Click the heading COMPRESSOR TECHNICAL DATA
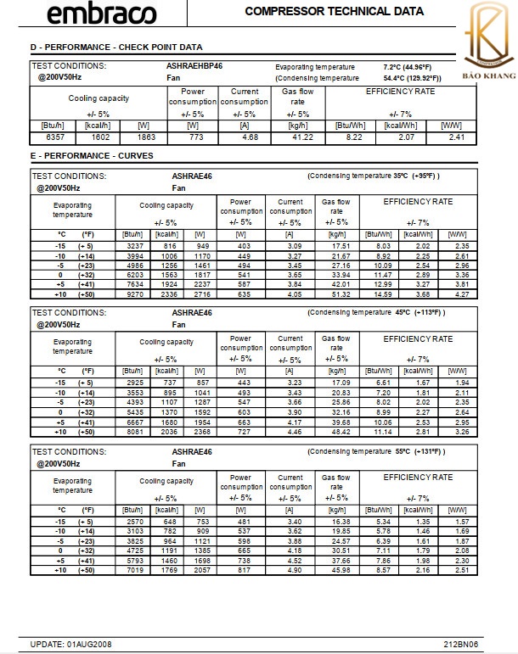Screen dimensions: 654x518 pos(334,12)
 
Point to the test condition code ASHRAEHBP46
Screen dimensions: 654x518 pos(194,66)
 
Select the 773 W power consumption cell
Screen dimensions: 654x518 pos(193,137)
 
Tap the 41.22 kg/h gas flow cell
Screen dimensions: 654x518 pos(302,137)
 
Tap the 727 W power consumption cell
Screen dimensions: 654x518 pos(241,431)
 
